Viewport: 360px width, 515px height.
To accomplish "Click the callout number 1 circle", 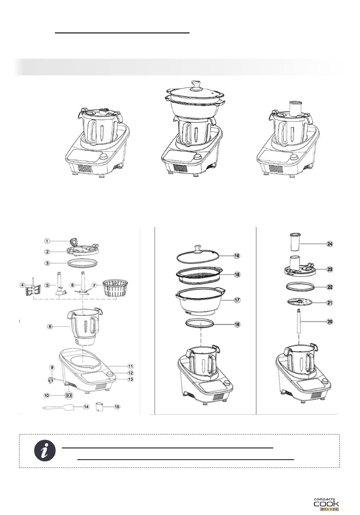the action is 47,241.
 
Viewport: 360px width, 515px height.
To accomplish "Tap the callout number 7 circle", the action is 94,285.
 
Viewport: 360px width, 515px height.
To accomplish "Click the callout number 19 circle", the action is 237,256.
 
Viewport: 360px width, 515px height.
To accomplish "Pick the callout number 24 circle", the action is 330,244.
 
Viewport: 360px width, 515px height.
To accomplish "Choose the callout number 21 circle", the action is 330,303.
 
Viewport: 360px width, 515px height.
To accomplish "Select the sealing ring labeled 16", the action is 200,324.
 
